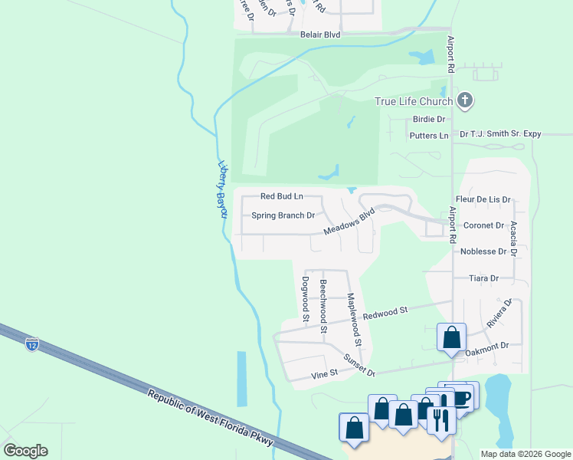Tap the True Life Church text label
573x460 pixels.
[414, 101]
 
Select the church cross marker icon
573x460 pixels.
[465, 100]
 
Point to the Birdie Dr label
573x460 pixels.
[429, 119]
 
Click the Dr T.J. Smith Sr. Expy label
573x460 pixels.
[500, 134]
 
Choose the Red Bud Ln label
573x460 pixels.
[282, 196]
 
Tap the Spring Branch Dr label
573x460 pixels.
[283, 215]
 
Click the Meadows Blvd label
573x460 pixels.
[349, 221]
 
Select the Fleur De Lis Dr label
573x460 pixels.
[483, 199]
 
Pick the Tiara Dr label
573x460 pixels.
[483, 278]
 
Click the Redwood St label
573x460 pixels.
[385, 313]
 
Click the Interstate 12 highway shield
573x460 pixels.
[31, 343]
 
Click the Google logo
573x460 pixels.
[25, 450]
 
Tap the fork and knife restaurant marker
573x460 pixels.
[441, 420]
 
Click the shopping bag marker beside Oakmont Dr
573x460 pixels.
[452, 337]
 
